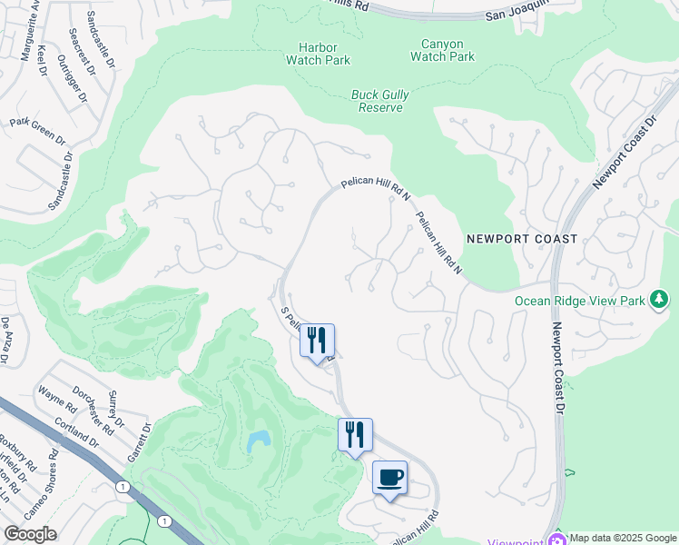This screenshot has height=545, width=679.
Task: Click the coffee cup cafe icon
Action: (389, 478)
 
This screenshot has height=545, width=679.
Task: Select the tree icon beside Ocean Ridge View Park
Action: (660, 300)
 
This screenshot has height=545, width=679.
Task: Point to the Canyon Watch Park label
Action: (442, 50)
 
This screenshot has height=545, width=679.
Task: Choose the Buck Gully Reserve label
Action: (379, 101)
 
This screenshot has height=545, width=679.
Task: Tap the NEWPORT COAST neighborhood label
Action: (522, 239)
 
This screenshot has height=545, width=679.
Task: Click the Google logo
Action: (30, 534)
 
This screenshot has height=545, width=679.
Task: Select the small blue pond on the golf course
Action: (258, 442)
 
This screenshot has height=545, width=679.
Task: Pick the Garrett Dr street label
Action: (137, 441)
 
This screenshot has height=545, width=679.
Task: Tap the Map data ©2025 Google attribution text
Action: (624, 538)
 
